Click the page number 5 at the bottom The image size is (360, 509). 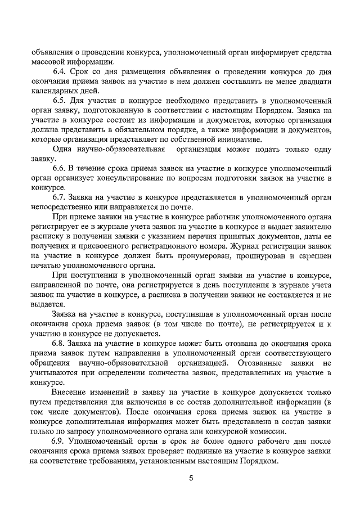click(191, 479)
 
